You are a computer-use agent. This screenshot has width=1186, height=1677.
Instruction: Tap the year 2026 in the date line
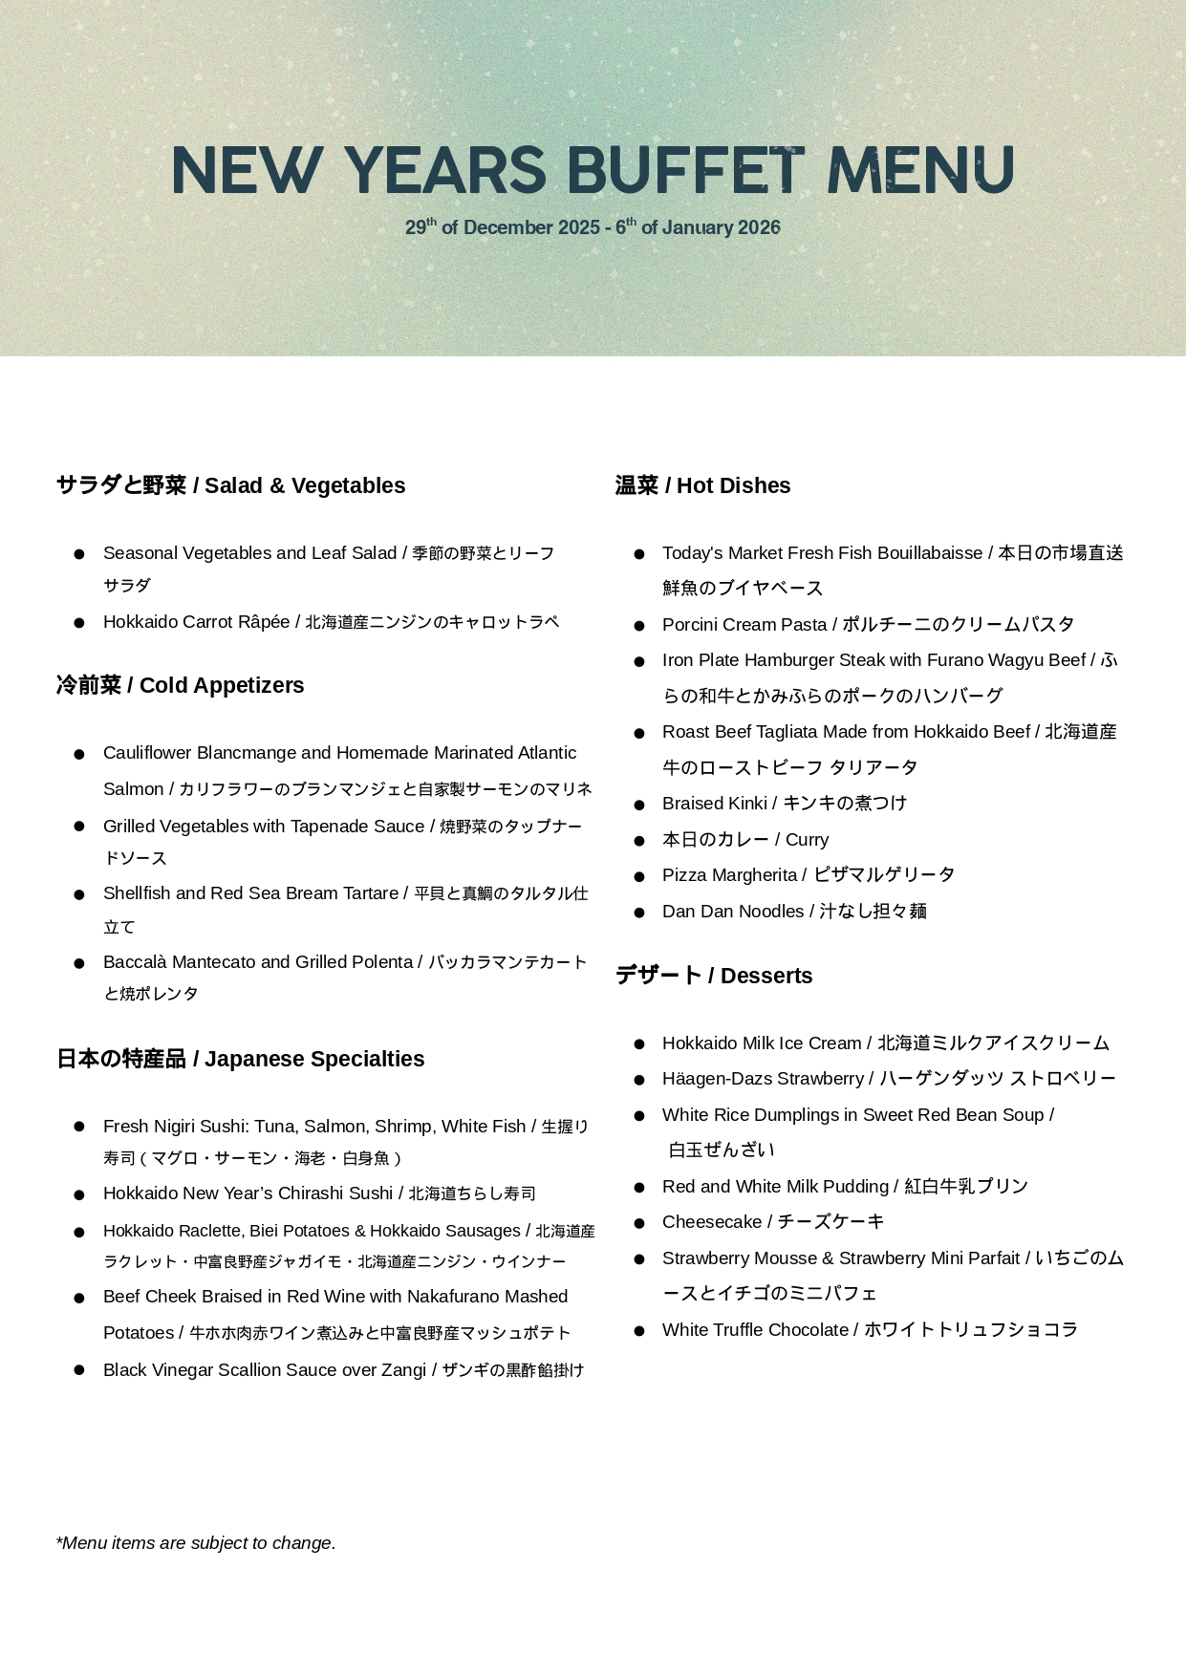tap(759, 227)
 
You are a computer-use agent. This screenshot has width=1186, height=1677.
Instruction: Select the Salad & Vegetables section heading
tap(230, 485)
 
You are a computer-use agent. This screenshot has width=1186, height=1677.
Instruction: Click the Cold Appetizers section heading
tap(180, 685)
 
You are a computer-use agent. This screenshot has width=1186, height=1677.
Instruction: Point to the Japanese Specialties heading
tap(240, 1059)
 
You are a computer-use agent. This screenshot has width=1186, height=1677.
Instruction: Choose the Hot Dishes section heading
tap(702, 485)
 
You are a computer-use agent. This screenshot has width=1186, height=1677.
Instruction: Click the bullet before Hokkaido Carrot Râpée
tap(79, 623)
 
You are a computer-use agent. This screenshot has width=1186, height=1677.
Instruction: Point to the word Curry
tap(807, 840)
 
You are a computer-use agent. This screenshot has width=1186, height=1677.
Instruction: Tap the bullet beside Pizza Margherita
tap(639, 876)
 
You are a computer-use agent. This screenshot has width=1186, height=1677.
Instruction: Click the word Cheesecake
tap(712, 1222)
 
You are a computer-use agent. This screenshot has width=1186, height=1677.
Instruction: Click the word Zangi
tap(403, 1370)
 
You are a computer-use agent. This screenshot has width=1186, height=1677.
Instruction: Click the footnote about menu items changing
tap(196, 1543)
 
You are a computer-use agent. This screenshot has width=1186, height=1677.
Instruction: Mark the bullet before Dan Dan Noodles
tap(639, 913)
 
